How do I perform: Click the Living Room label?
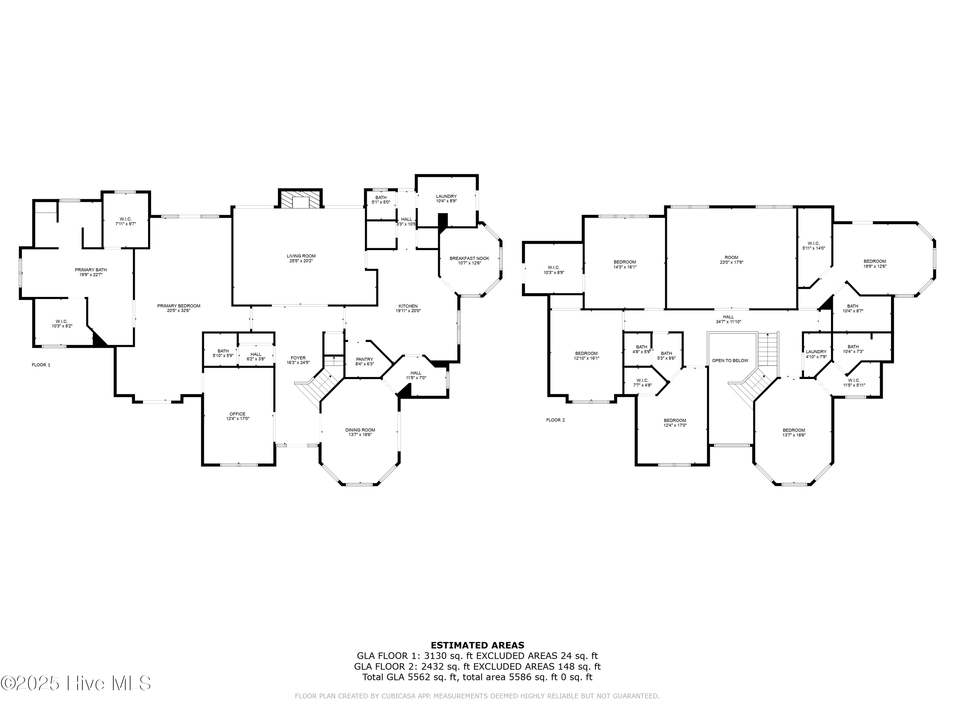tap(301, 256)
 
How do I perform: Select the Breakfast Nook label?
tap(469, 258)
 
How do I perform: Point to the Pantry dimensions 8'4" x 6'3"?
tap(364, 364)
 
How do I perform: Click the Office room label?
tap(237, 414)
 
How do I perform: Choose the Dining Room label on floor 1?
tap(360, 430)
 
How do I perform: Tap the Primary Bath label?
tap(91, 270)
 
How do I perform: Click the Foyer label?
tap(298, 358)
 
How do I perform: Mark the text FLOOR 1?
tap(41, 365)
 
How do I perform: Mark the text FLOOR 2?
tap(555, 420)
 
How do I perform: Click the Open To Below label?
tap(730, 360)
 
